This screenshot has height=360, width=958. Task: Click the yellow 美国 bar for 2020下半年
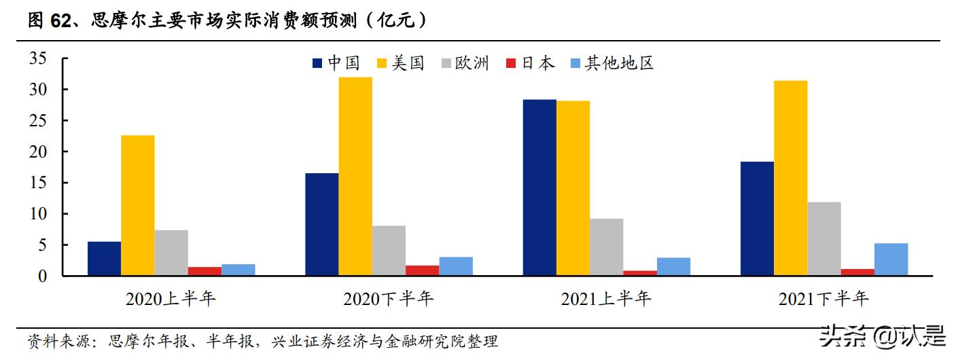click(355, 177)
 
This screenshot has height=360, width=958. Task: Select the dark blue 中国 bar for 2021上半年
click(539, 187)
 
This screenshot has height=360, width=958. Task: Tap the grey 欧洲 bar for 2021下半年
click(824, 238)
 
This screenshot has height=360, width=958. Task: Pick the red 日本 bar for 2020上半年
click(205, 271)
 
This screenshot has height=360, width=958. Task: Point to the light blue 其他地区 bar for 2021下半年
click(891, 259)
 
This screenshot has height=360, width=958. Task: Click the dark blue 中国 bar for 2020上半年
click(104, 258)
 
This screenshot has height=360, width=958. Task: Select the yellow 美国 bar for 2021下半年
click(791, 178)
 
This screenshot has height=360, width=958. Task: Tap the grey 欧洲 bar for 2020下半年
click(389, 251)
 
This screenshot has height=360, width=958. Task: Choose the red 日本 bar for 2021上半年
click(640, 273)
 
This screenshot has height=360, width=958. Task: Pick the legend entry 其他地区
click(619, 63)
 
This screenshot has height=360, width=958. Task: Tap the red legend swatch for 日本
click(512, 64)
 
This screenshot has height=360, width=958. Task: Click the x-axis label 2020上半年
click(171, 299)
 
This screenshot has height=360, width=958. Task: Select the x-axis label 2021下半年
click(823, 299)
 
